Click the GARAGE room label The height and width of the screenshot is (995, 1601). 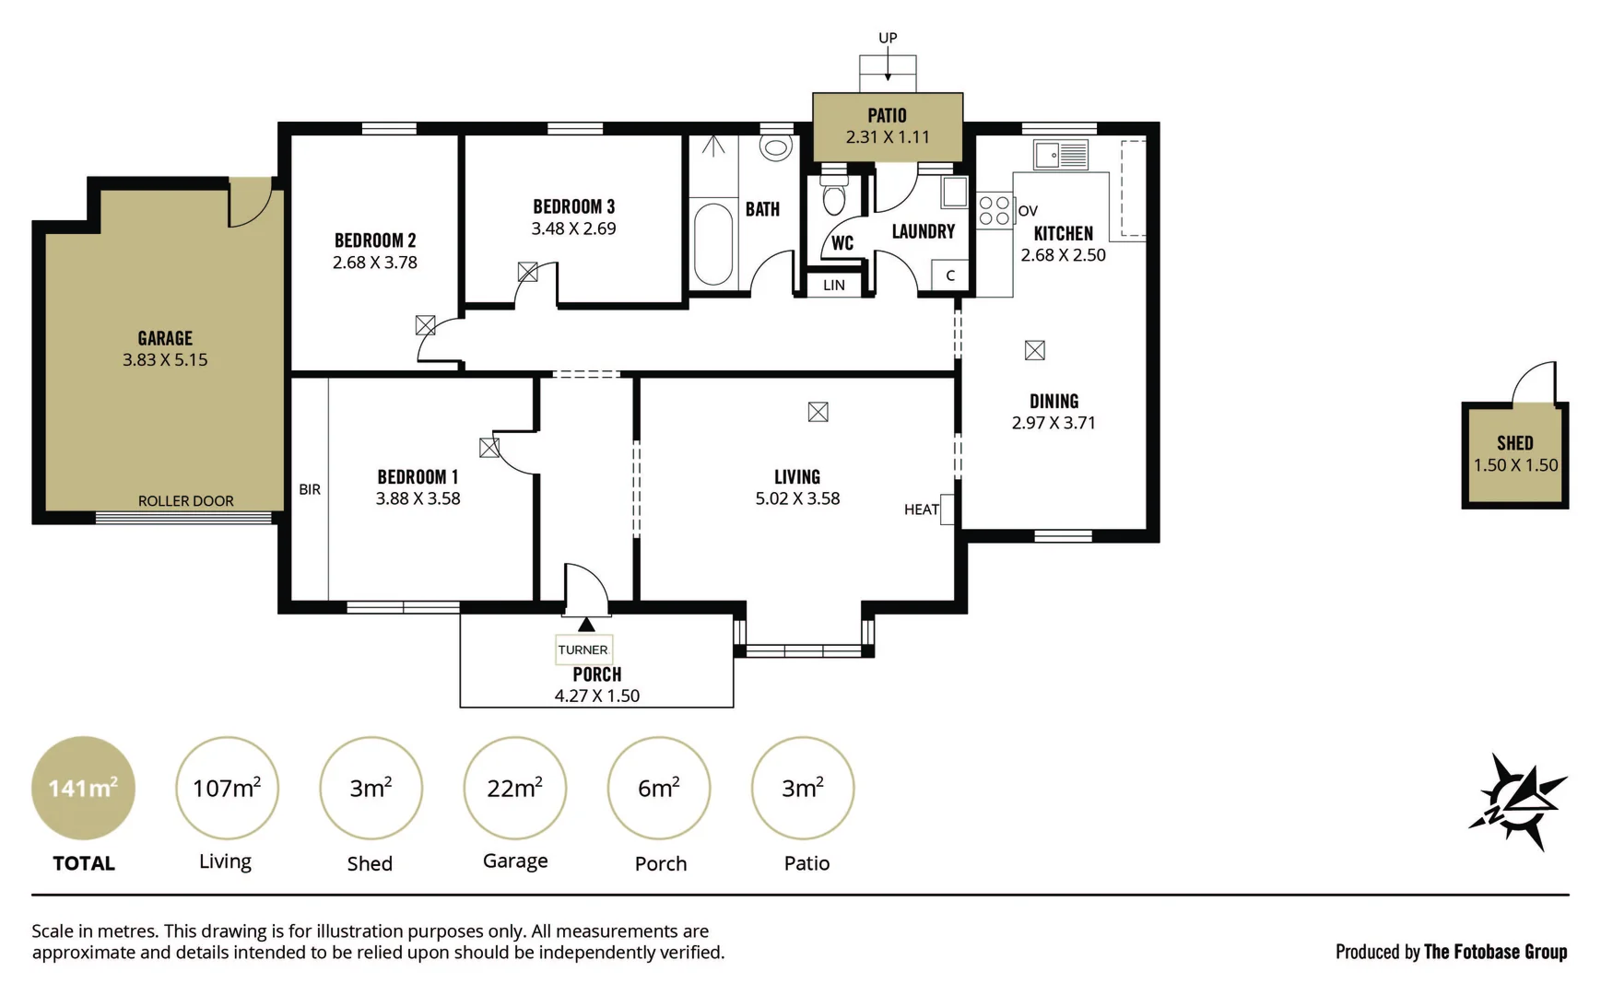point(165,338)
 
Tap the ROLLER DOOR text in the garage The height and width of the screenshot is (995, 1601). point(185,501)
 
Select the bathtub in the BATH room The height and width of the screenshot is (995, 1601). point(712,243)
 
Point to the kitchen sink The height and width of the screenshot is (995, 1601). point(1061,155)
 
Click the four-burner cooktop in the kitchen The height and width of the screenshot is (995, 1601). point(995,210)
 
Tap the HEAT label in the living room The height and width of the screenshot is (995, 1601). point(921,509)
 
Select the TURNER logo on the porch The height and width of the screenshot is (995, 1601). point(583,650)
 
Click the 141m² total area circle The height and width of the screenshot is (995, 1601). point(83,789)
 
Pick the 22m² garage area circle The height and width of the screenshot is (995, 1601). point(514,789)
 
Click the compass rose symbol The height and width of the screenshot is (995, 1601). point(1517,802)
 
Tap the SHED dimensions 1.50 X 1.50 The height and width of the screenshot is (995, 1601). point(1515,465)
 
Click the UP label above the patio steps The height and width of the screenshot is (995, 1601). point(888,38)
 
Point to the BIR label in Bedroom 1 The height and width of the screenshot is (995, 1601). point(310,489)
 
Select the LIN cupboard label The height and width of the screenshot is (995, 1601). point(834,286)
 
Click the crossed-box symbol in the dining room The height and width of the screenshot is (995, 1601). point(1035,350)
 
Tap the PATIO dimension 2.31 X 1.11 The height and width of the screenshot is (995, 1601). point(888,137)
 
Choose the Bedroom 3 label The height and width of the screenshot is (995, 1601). point(573,206)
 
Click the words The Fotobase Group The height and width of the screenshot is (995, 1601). point(1495,952)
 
